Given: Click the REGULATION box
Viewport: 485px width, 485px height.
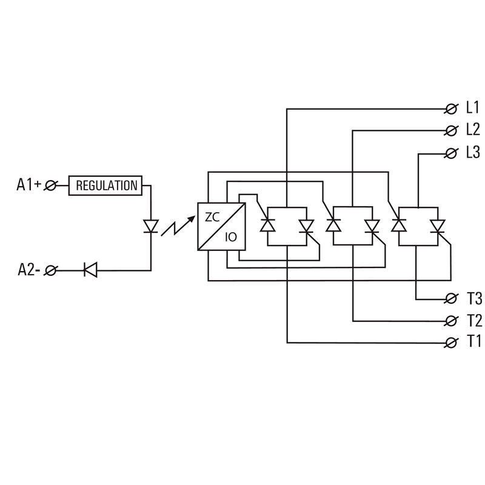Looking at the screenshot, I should tap(106, 186).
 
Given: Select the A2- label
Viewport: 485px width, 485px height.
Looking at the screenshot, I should tap(28, 270).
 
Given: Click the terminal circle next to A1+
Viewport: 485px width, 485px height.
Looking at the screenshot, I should tap(51, 186).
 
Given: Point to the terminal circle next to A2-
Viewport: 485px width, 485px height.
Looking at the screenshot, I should tap(51, 270).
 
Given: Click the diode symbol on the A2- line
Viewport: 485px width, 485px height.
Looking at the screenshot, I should tap(90, 270).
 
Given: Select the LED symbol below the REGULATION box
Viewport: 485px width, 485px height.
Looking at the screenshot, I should tap(150, 226).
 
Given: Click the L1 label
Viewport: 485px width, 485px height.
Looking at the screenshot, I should tap(473, 109).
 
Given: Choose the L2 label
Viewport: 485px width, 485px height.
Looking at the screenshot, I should tap(473, 130).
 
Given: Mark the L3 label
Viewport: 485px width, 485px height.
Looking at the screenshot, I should tap(473, 152).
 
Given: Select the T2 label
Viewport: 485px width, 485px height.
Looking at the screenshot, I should tap(473, 320).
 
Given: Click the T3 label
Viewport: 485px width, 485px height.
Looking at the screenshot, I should tap(473, 298).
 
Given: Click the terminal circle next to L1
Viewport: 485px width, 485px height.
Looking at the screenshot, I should tap(451, 109).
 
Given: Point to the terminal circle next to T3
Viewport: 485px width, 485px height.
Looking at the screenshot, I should tap(451, 298).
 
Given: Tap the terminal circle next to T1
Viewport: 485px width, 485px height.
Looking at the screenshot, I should tap(451, 343).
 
